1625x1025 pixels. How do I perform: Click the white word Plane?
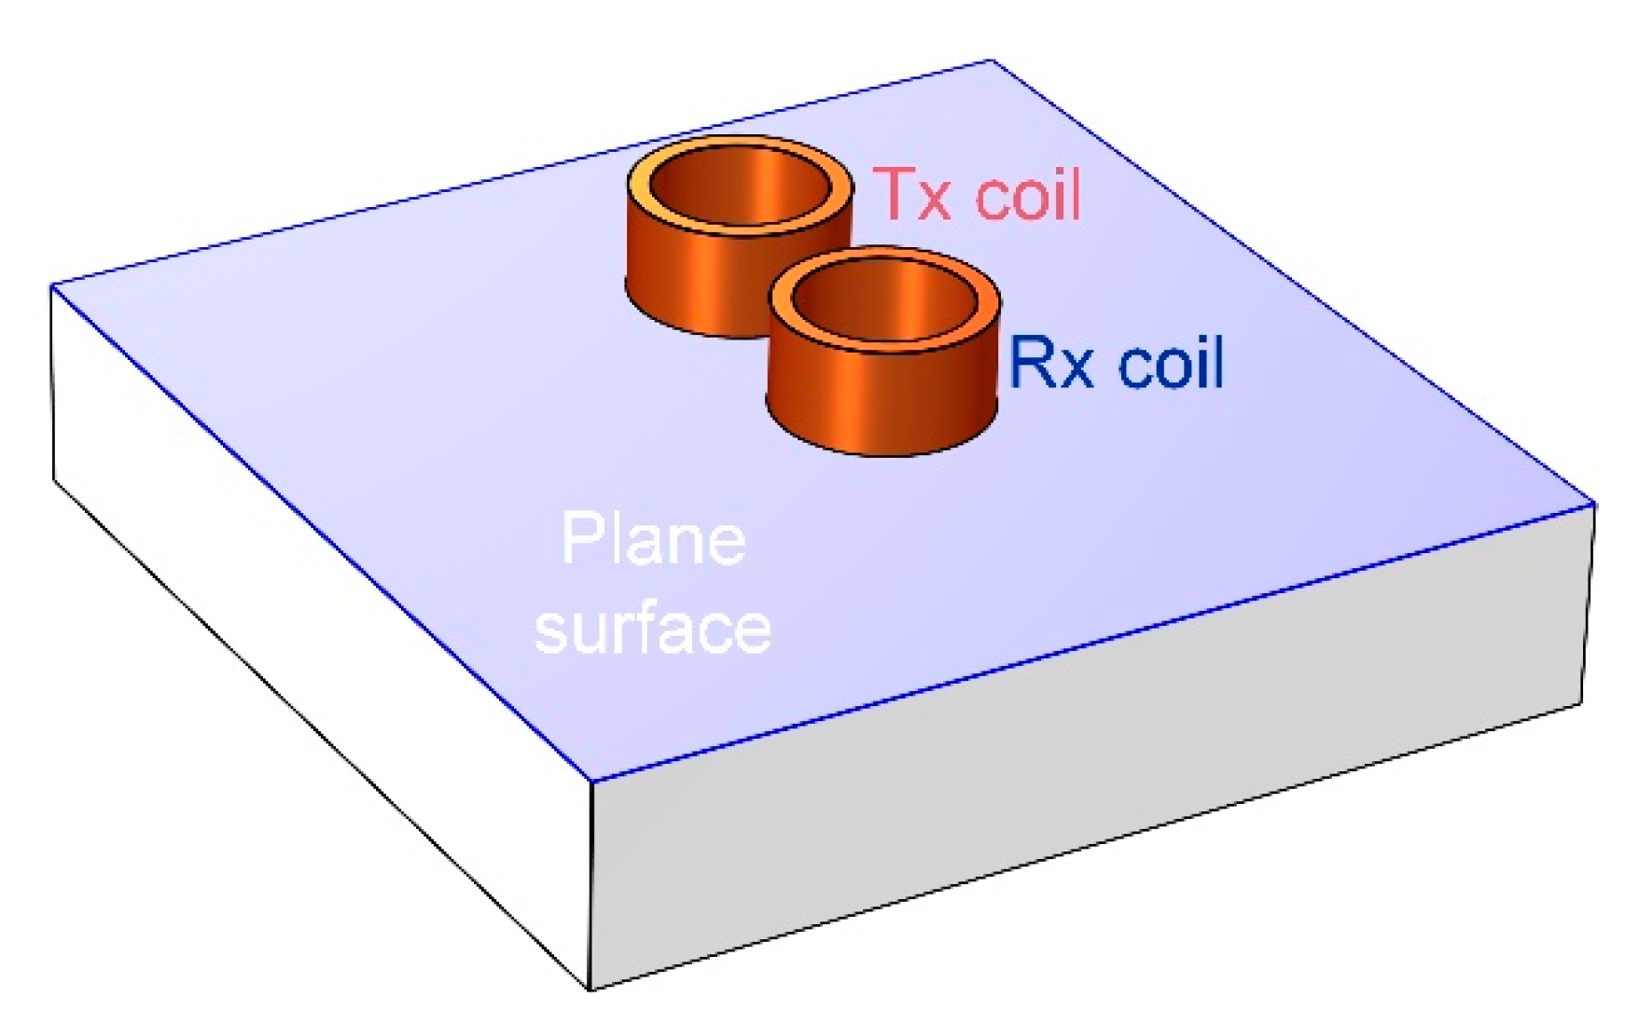pyautogui.click(x=653, y=541)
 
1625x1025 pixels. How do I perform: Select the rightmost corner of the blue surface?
pyautogui.click(x=1593, y=505)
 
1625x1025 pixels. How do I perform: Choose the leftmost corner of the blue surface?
pyautogui.click(x=52, y=286)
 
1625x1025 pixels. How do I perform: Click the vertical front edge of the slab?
pyautogui.click(x=591, y=886)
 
